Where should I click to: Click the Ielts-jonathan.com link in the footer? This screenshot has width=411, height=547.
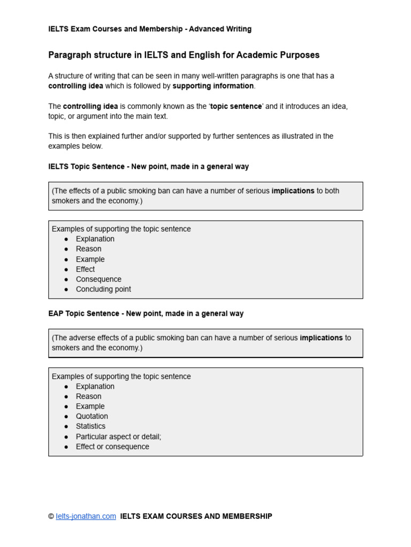point(86,516)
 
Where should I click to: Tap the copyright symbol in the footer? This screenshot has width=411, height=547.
point(51,516)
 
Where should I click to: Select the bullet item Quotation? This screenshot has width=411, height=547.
point(92,416)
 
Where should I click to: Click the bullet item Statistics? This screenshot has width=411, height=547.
point(90,426)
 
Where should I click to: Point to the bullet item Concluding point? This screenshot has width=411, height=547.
point(103,289)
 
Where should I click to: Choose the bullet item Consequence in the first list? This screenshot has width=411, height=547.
point(98,279)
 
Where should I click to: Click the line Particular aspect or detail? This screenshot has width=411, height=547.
point(118,436)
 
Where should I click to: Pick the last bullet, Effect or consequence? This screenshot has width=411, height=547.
point(112,447)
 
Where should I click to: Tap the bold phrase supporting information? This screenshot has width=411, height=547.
point(213,86)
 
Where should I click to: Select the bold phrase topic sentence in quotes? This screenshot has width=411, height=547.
point(236,106)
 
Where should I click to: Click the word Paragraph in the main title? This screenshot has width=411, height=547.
point(68,55)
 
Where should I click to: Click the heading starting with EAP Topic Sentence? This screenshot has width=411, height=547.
point(146,314)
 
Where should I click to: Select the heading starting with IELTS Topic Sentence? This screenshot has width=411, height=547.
point(148,167)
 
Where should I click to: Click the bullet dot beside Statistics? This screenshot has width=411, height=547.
point(66,426)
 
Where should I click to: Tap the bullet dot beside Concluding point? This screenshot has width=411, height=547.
point(66,289)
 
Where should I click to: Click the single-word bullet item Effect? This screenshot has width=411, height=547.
point(85,269)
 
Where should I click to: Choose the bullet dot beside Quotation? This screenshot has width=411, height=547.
point(66,416)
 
